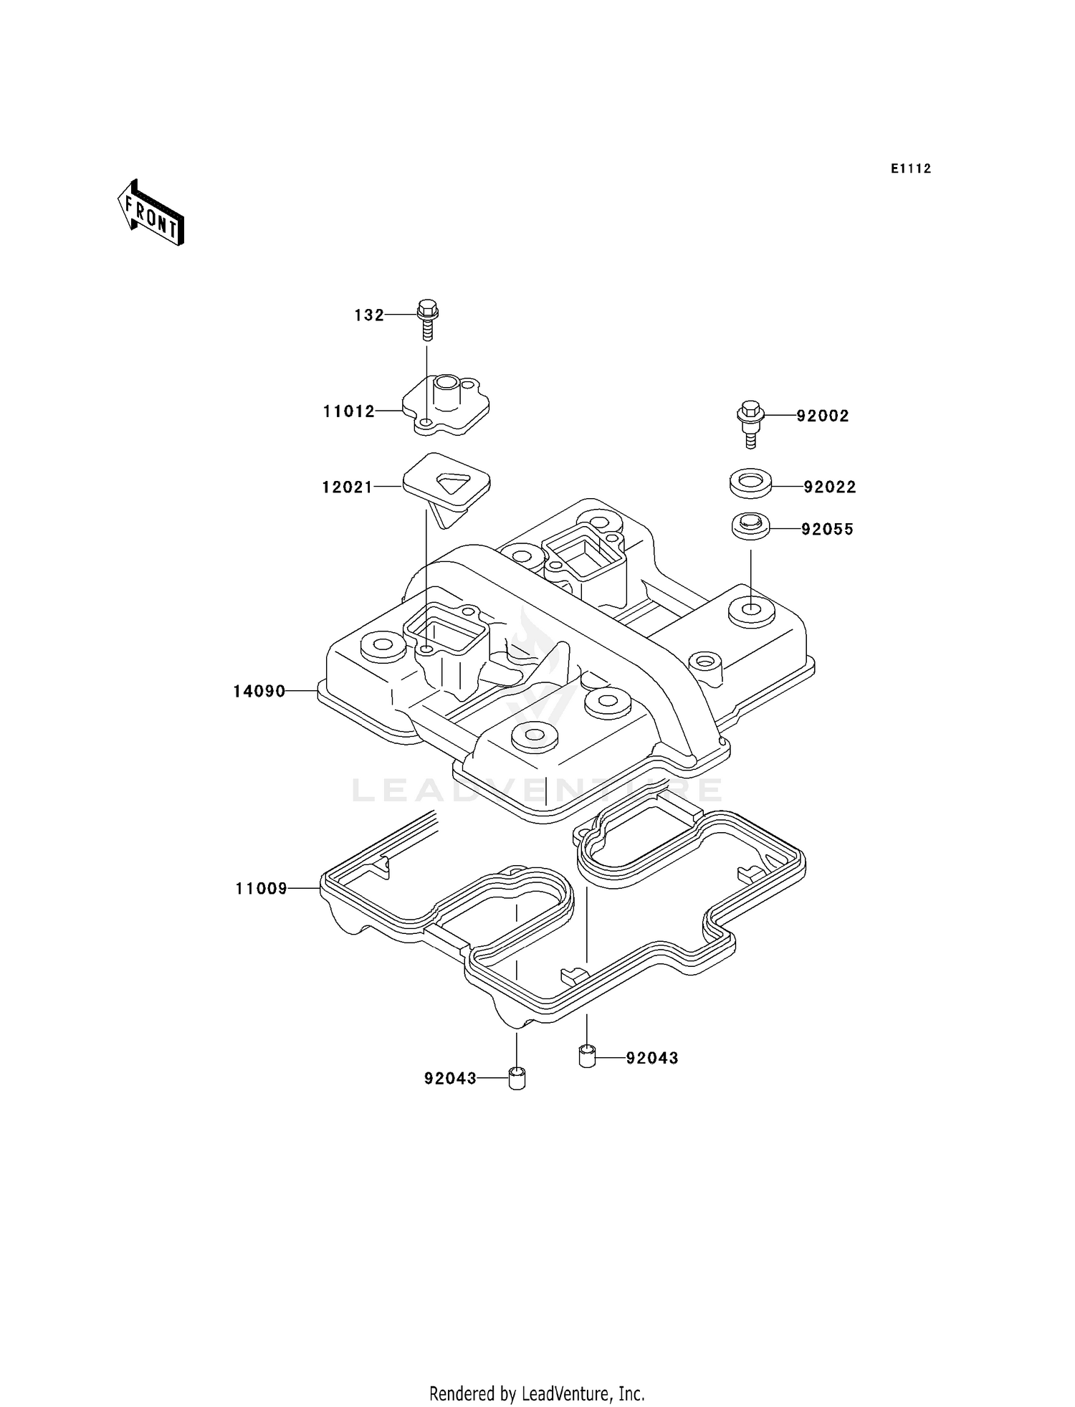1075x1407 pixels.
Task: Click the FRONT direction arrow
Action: (x=151, y=214)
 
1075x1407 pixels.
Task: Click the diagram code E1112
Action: (x=911, y=169)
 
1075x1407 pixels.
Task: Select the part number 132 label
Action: (x=369, y=315)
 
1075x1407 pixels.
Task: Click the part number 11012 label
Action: (x=349, y=411)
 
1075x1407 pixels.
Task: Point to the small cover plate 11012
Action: (x=446, y=406)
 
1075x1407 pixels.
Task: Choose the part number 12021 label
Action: (x=348, y=487)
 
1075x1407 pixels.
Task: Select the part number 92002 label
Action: (x=823, y=416)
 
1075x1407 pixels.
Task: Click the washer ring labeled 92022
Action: (x=750, y=484)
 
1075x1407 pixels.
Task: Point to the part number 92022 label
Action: (x=830, y=487)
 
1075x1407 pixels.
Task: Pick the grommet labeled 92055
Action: (x=750, y=525)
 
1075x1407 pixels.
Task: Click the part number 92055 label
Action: (x=828, y=530)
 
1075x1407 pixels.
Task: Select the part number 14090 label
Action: (x=259, y=692)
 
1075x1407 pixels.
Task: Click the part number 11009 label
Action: (x=262, y=889)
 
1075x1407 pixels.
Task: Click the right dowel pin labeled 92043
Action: (x=587, y=1057)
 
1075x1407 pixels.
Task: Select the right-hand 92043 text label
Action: (x=652, y=1059)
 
